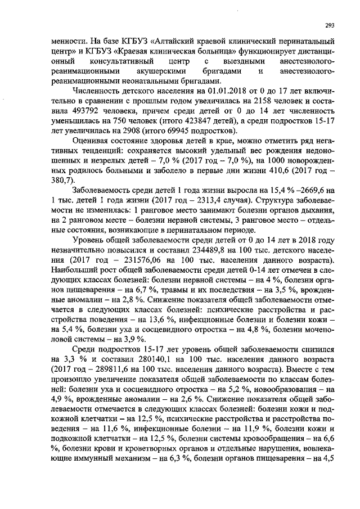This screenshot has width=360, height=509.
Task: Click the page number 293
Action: point(330,26)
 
